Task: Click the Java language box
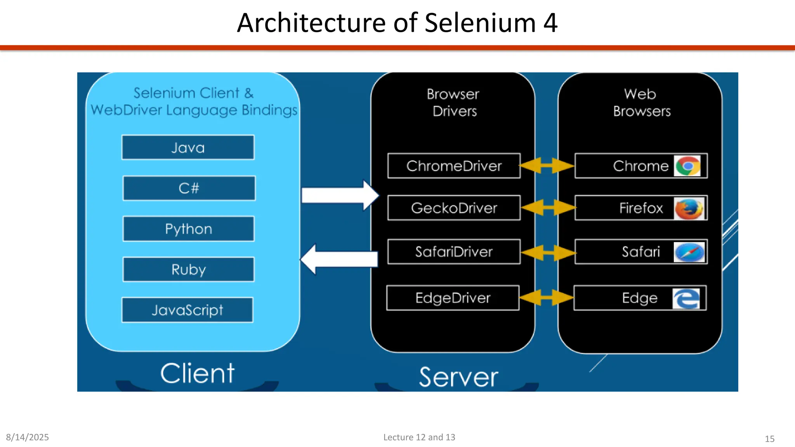[188, 147]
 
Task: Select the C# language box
[189, 188]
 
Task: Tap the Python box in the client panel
[189, 229]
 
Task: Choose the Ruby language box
[189, 269]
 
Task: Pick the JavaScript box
[187, 310]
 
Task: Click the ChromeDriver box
[454, 166]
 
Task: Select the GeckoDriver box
[454, 208]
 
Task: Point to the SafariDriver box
[454, 252]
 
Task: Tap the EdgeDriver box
[453, 298]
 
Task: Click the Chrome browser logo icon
[687, 166]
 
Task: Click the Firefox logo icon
[689, 208]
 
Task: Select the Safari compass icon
[689, 252]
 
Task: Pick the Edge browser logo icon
[686, 298]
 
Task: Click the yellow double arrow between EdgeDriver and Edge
[547, 298]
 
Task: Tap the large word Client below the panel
[197, 373]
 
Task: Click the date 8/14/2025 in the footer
[27, 437]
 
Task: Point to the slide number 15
[769, 439]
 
